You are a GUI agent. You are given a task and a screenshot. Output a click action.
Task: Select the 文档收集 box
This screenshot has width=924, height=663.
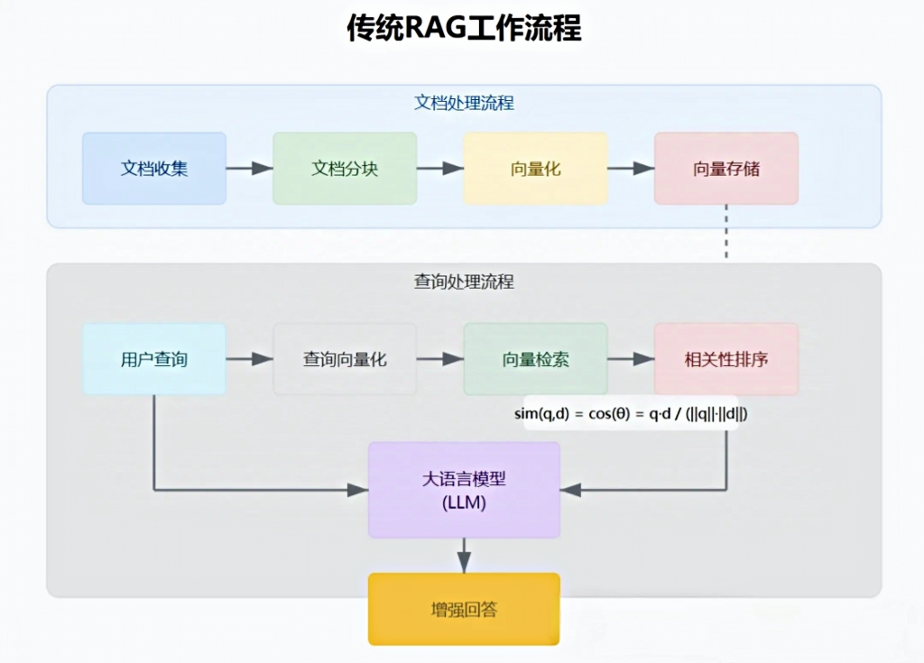tap(154, 169)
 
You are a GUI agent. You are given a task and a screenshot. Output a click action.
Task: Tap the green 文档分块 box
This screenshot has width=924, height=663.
tap(345, 169)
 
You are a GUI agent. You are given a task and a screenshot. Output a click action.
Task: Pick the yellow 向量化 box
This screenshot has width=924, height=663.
tap(535, 169)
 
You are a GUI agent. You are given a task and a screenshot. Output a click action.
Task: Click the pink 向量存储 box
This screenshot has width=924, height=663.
tap(726, 169)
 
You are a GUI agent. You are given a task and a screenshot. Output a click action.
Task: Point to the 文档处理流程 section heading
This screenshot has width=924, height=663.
tap(464, 103)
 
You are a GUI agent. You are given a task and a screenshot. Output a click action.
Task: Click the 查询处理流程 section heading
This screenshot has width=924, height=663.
tap(464, 281)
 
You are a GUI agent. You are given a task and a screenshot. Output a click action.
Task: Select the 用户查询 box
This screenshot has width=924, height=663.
tap(154, 359)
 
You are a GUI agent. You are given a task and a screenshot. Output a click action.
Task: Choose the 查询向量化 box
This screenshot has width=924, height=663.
tap(345, 359)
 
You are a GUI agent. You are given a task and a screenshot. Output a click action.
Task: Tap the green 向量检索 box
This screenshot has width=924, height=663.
tap(535, 359)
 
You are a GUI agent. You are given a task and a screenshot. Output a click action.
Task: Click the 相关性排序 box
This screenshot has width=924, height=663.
tap(726, 359)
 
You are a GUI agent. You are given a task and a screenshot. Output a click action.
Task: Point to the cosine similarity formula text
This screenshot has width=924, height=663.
tap(631, 413)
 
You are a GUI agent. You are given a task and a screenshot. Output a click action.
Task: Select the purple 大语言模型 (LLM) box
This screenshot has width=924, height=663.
tap(464, 490)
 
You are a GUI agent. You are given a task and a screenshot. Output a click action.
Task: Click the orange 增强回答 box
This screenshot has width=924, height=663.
tap(464, 609)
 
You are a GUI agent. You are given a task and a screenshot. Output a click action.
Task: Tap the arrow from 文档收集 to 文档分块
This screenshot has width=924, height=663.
tap(249, 169)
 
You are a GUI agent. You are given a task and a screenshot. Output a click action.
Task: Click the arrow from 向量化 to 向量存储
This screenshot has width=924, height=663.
tap(631, 169)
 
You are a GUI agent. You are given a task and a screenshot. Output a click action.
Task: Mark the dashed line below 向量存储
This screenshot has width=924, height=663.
tap(726, 232)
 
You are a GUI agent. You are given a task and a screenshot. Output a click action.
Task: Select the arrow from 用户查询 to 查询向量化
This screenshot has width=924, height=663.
tap(249, 359)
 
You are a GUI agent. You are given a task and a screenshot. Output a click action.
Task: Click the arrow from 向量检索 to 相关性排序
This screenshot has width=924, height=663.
tap(631, 359)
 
